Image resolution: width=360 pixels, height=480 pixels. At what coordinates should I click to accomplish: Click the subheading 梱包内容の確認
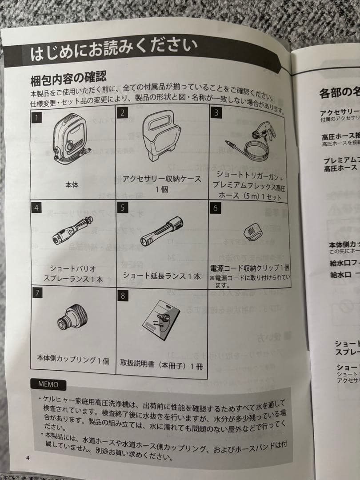[68, 80]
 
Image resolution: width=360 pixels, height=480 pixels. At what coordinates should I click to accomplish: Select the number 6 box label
[215, 208]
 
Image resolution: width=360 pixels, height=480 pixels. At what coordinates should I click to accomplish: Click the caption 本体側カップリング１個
[73, 360]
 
